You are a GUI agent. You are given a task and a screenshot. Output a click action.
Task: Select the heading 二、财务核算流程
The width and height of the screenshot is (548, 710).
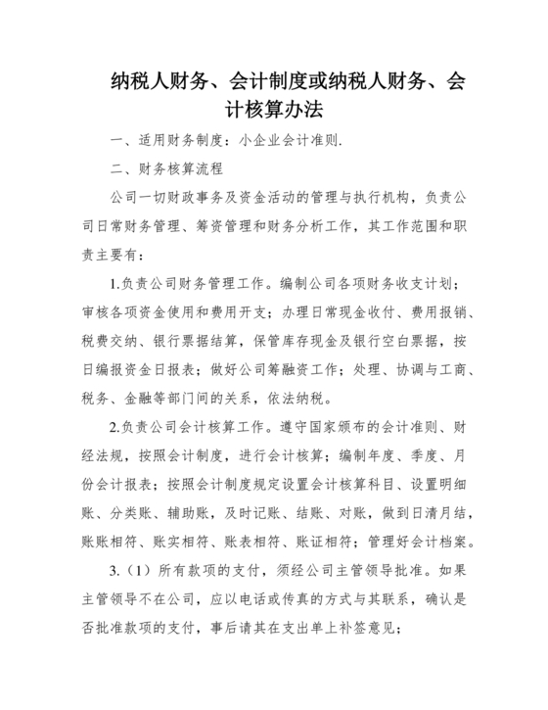(169, 168)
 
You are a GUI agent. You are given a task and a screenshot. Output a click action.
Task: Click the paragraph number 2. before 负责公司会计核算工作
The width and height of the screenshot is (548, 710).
(114, 427)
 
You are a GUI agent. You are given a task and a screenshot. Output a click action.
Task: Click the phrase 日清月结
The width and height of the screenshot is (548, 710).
(445, 512)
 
